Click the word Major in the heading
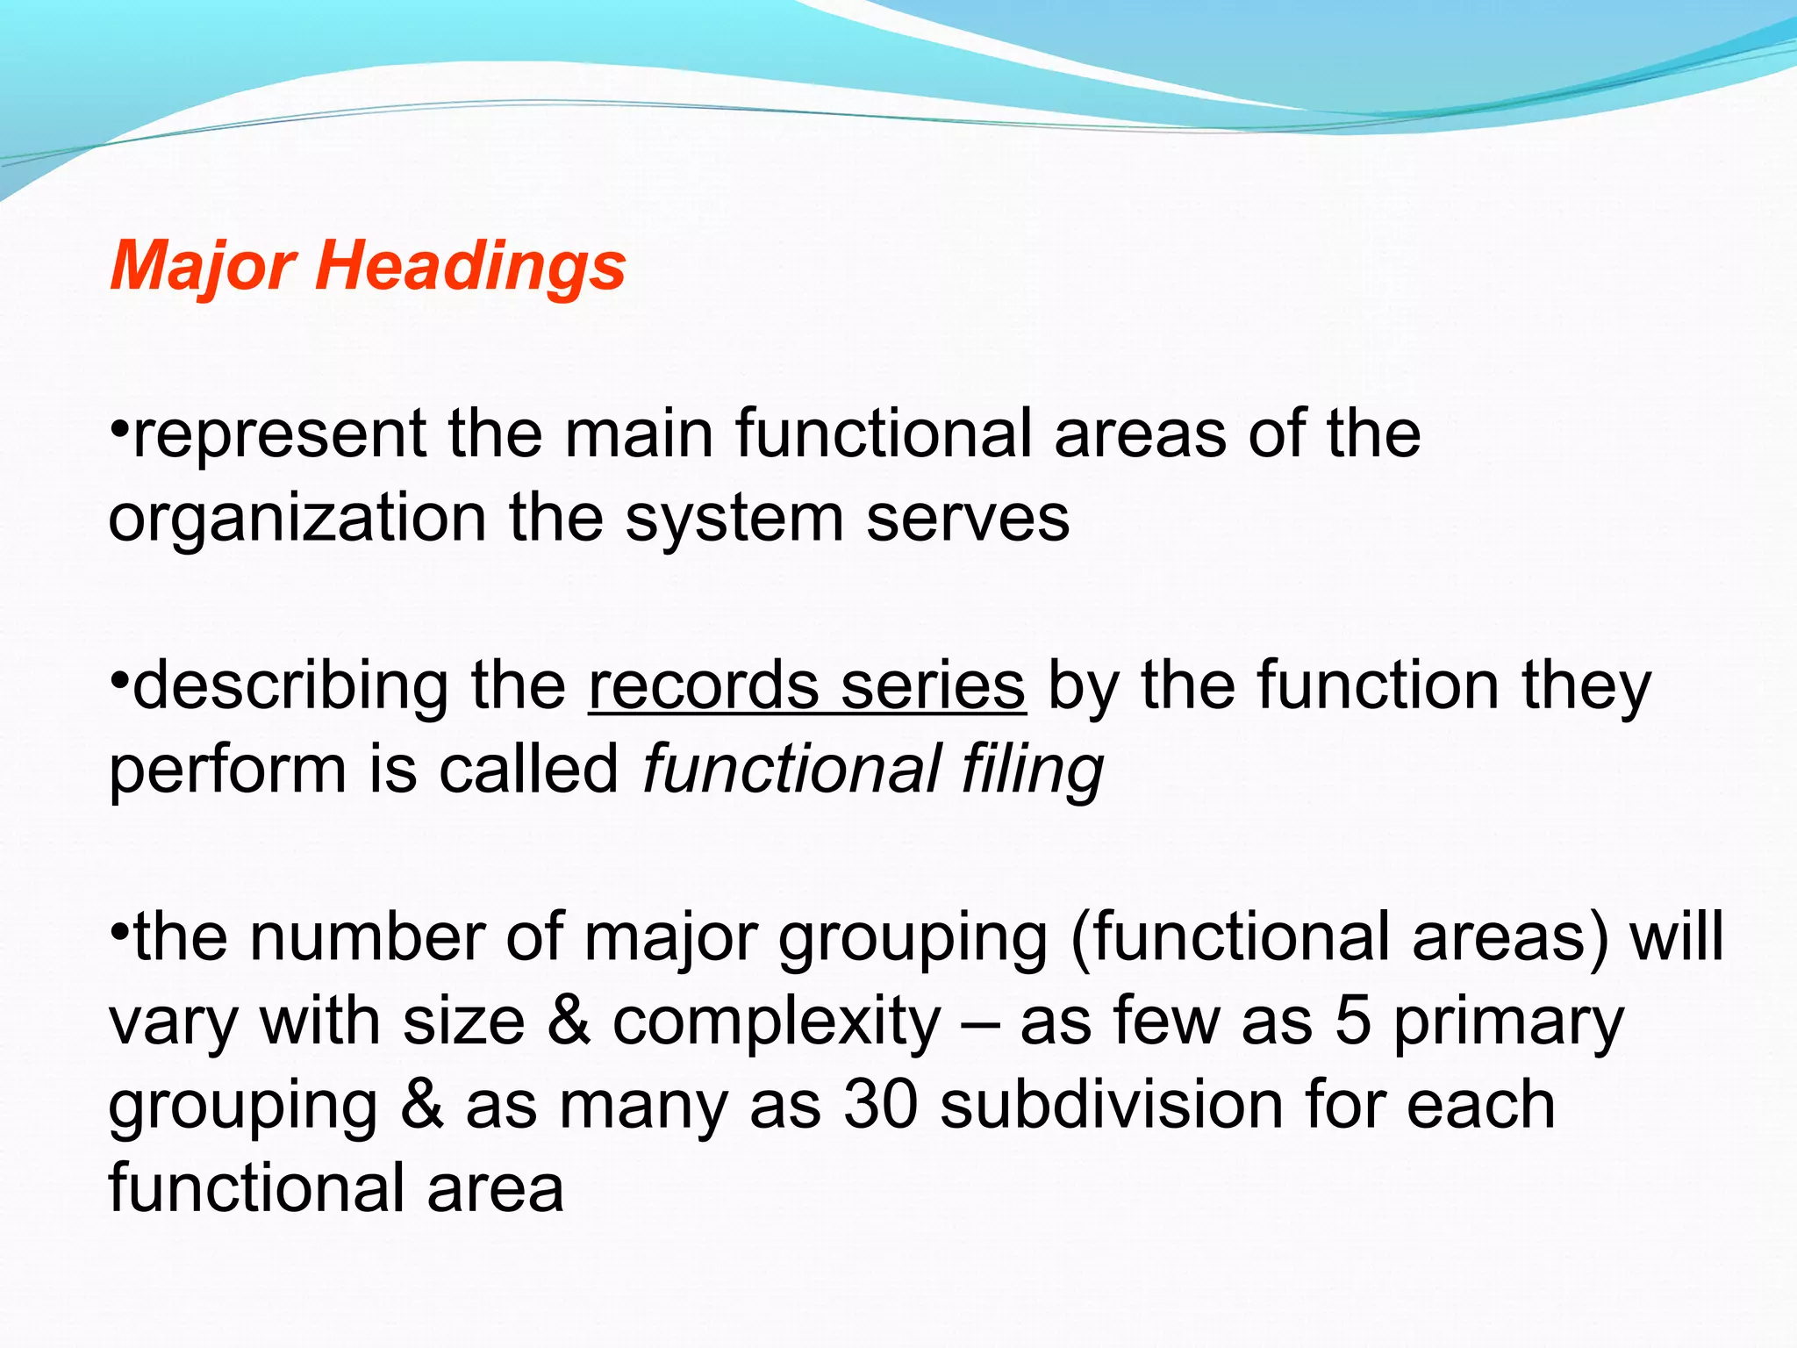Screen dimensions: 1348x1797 tap(204, 266)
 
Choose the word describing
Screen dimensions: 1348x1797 tap(290, 686)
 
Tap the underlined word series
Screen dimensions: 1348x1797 tap(933, 686)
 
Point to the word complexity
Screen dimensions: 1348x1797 tap(777, 1023)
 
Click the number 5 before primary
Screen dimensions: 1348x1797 tap(1352, 1022)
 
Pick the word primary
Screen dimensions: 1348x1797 tap(1508, 1023)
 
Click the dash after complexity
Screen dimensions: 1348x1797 tap(980, 1023)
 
